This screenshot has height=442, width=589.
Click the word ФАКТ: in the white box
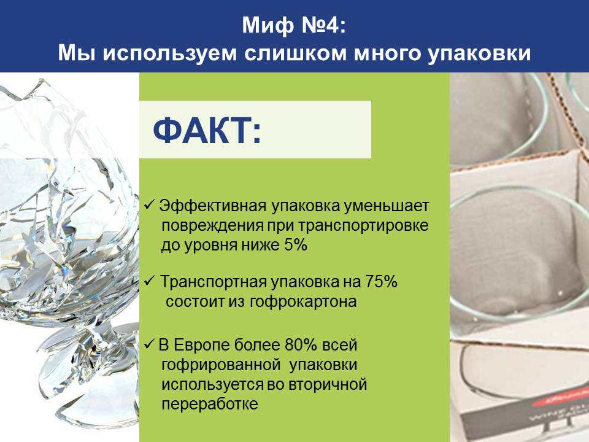coord(207,130)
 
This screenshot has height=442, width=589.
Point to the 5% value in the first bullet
coord(296,245)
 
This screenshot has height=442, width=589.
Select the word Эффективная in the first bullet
coord(213,206)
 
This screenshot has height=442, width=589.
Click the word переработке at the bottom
coord(210,404)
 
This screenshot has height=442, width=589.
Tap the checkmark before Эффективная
coord(150,205)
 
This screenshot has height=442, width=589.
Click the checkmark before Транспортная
coord(150,281)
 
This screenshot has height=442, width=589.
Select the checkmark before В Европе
coord(150,344)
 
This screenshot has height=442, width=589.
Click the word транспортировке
coord(363,226)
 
